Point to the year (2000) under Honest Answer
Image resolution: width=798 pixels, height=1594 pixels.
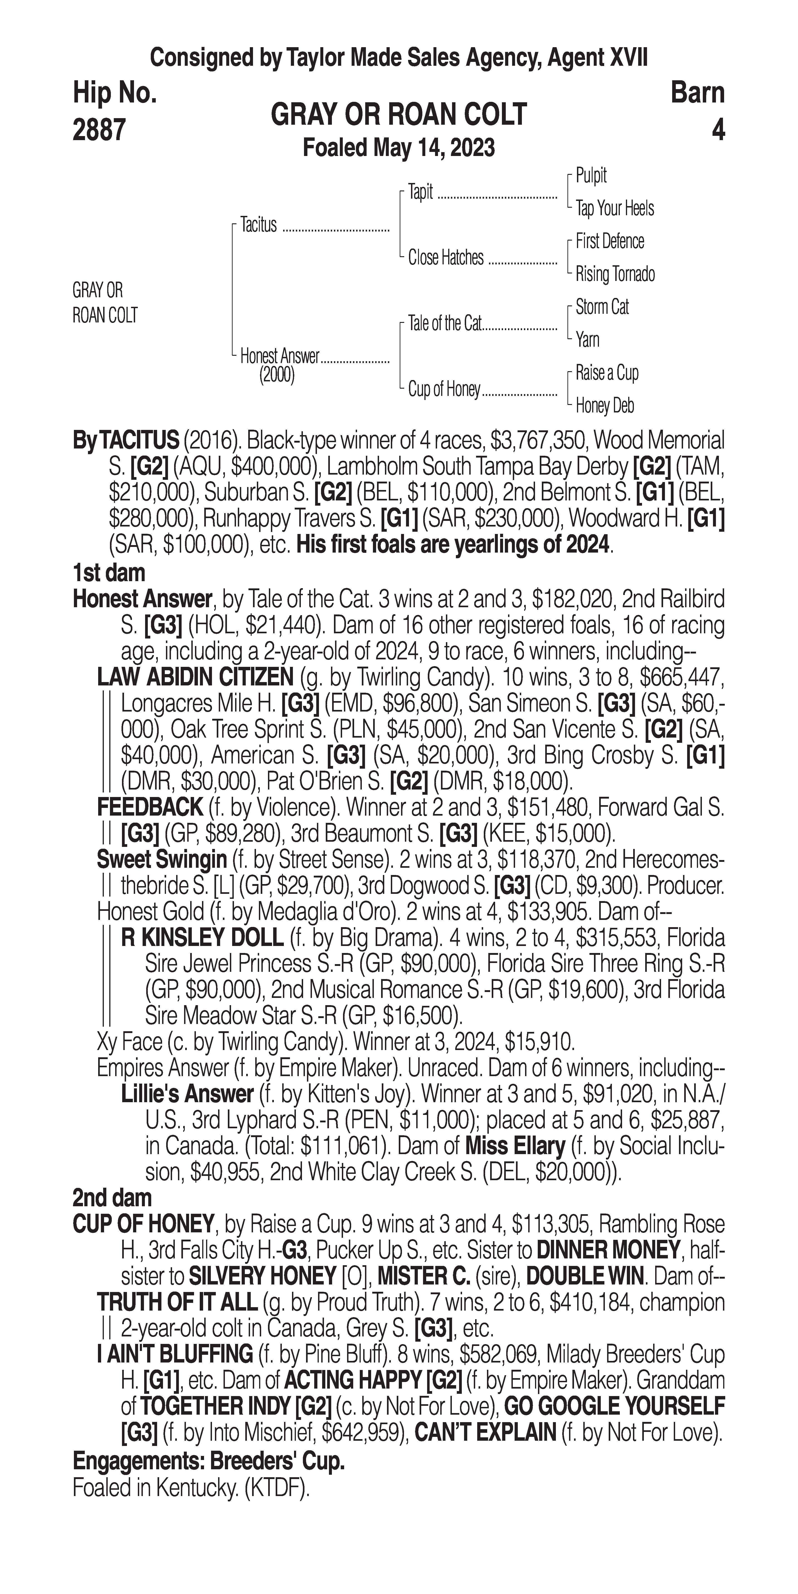point(277,376)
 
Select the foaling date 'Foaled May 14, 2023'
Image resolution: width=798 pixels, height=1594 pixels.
point(398,148)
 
